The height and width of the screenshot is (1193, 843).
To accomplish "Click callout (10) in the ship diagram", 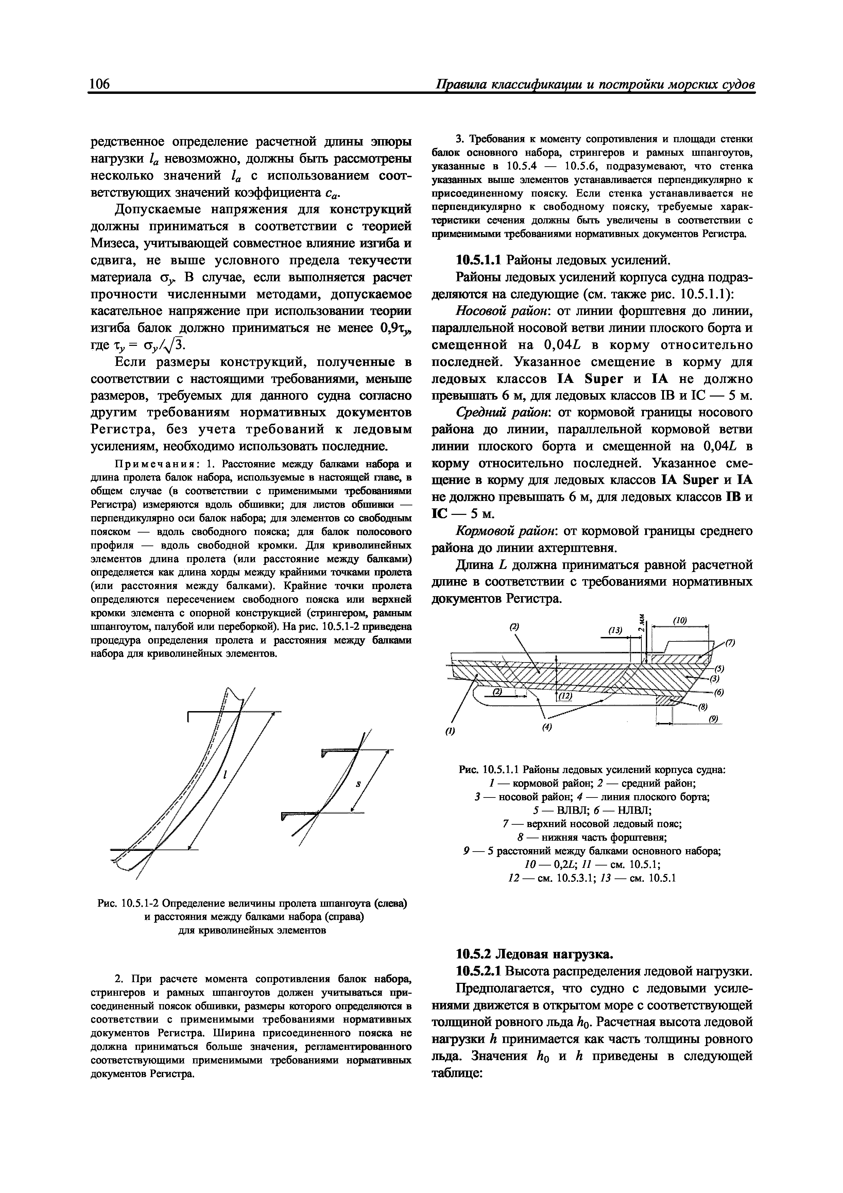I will click(680, 620).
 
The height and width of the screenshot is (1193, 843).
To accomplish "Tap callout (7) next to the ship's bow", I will click(730, 643).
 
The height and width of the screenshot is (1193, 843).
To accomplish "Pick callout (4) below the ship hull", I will click(546, 727).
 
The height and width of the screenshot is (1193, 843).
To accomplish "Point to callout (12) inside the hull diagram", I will click(566, 696).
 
